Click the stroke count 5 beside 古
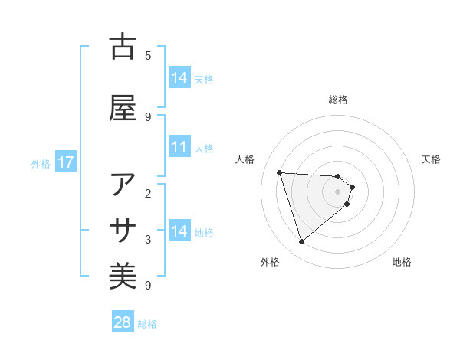[x=148, y=55]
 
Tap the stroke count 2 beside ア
[x=148, y=195]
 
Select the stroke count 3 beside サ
[x=148, y=240]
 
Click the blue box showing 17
[x=65, y=162]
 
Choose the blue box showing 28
[x=123, y=322]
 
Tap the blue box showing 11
[x=179, y=147]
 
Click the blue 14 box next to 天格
[x=179, y=78]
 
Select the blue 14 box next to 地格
[x=179, y=231]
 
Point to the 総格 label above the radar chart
[x=338, y=100]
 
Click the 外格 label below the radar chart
[x=270, y=262]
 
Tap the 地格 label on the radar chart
[x=402, y=262]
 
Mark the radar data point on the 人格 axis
[x=280, y=172]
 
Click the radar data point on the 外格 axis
[x=301, y=242]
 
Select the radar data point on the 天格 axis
[x=352, y=187]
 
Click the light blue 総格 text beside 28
[x=147, y=324]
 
